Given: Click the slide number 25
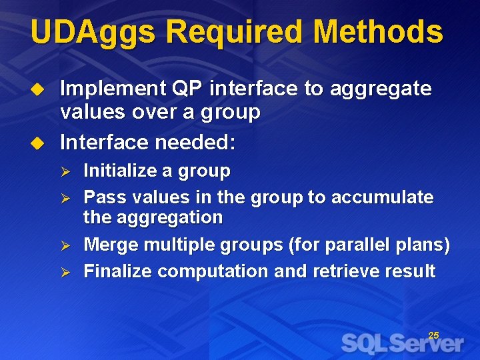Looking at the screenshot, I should tap(433, 335).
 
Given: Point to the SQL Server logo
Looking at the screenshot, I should tap(402, 343).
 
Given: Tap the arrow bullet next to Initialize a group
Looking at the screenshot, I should tap(65, 171).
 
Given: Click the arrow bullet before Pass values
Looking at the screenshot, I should tap(65, 198).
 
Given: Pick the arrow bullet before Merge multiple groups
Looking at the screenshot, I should tap(65, 245).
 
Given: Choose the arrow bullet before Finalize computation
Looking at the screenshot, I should tap(65, 271).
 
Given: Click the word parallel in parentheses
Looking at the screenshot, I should tap(352, 245).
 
